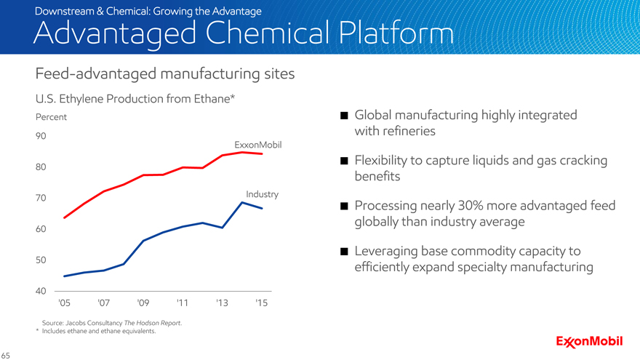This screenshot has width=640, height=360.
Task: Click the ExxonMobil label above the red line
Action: pyautogui.click(x=257, y=145)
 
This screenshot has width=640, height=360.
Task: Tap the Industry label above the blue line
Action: pyautogui.click(x=262, y=194)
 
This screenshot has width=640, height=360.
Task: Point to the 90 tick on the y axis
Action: pyautogui.click(x=41, y=136)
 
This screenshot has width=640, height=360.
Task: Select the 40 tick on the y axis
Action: pyautogui.click(x=41, y=291)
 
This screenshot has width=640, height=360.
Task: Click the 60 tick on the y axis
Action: pyautogui.click(x=41, y=229)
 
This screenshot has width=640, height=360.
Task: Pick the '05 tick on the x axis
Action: pyautogui.click(x=64, y=302)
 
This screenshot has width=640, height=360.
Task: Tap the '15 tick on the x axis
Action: pyautogui.click(x=262, y=302)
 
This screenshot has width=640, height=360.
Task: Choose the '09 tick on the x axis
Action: pyautogui.click(x=143, y=302)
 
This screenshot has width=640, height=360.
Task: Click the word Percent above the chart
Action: pyautogui.click(x=52, y=117)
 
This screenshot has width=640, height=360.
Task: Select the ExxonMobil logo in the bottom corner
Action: pyautogui.click(x=589, y=342)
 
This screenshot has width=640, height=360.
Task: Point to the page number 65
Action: pyautogui.click(x=6, y=356)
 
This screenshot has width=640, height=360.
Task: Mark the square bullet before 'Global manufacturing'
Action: pyautogui.click(x=344, y=116)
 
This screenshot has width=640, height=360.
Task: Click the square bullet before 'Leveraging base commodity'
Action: pyautogui.click(x=344, y=252)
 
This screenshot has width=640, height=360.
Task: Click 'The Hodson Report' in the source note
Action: pyautogui.click(x=152, y=323)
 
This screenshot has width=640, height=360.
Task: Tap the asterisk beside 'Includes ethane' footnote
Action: pyautogui.click(x=37, y=331)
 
